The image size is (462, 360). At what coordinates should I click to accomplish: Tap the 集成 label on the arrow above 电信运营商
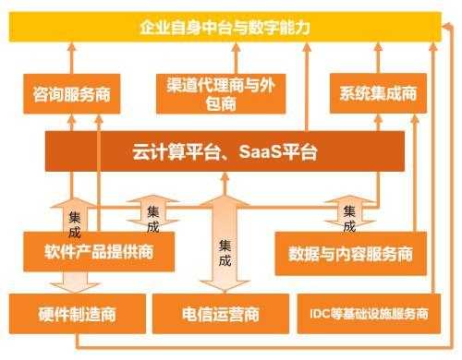[226, 253]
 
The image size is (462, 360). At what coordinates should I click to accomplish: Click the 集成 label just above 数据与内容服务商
[349, 218]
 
